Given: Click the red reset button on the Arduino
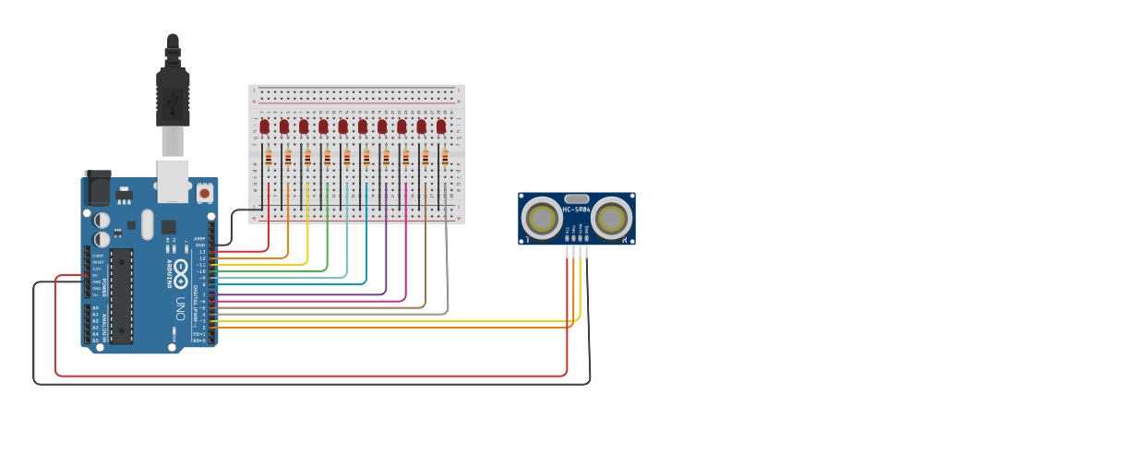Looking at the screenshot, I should (x=204, y=193).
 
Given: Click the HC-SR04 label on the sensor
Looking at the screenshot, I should (x=577, y=210).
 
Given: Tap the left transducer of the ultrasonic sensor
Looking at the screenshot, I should (x=542, y=219).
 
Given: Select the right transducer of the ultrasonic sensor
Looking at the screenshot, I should (x=611, y=219).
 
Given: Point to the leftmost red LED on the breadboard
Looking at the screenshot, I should (x=264, y=126).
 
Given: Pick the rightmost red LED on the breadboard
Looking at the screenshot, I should (x=441, y=126).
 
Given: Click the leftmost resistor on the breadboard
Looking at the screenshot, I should (x=269, y=158).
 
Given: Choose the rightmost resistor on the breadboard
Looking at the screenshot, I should (x=445, y=158).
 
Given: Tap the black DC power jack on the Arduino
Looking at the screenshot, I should (x=97, y=189).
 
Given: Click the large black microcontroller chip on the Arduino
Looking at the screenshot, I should (x=121, y=295).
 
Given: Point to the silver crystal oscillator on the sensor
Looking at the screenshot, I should (x=577, y=198).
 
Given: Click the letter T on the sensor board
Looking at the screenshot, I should (x=527, y=240).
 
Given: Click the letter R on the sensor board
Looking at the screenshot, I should (x=625, y=240).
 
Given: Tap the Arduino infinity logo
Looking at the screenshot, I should (x=181, y=273).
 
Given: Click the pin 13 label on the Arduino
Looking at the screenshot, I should (x=202, y=251).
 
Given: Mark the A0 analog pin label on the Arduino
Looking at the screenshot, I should (x=95, y=308).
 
